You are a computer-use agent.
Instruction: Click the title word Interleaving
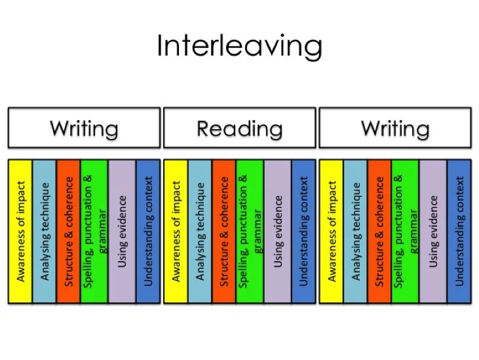click(240, 46)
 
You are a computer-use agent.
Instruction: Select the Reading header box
click(240, 128)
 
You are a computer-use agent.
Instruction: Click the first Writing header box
click(84, 128)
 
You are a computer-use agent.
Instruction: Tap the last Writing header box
click(395, 128)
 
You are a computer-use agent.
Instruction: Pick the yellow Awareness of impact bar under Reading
click(176, 231)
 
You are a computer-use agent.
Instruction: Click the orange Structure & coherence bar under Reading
click(224, 231)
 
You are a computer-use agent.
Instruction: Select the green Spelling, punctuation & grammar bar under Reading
click(250, 231)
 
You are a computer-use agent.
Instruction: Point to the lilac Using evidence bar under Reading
click(278, 231)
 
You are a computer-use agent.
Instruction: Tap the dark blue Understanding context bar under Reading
click(303, 231)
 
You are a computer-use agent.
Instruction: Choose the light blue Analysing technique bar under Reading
click(200, 231)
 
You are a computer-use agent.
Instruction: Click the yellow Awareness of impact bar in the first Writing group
click(20, 231)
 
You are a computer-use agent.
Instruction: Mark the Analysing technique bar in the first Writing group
click(45, 231)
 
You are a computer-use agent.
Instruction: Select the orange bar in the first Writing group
click(68, 231)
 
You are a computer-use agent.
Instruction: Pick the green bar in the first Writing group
click(94, 231)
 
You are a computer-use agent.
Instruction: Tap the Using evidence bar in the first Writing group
click(122, 231)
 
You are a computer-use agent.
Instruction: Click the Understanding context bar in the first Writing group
click(148, 231)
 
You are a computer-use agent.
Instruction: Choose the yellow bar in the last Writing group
click(331, 231)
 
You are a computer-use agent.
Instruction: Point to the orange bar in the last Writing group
click(379, 231)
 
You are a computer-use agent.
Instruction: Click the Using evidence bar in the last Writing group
click(433, 231)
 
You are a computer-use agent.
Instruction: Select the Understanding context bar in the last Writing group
click(459, 231)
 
